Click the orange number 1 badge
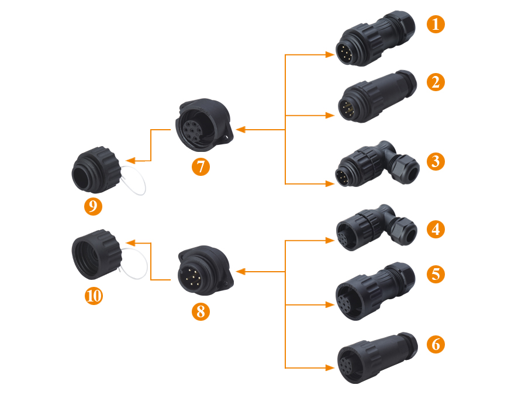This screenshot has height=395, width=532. point(436,25)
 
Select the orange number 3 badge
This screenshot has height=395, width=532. point(436,161)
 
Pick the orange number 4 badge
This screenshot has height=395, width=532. point(436,228)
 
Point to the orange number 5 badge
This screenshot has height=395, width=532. point(436,273)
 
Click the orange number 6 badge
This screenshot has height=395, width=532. point(436,344)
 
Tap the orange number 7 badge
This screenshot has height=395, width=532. point(201,167)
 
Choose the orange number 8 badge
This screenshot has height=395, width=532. point(201,311)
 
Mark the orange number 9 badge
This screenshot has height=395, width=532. point(93,206)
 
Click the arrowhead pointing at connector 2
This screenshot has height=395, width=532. point(330,116)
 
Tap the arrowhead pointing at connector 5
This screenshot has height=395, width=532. point(330,305)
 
